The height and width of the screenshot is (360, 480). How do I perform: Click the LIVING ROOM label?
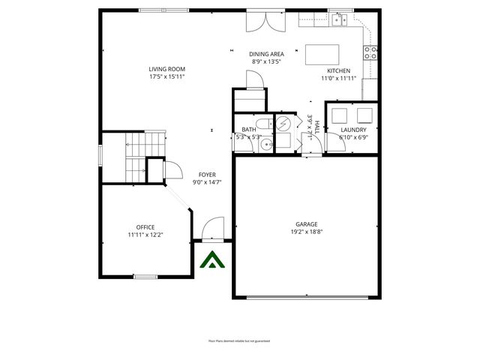[166, 69]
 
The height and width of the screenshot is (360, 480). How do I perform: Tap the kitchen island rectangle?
[322, 55]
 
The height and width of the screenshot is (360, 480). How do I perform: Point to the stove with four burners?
[370, 52]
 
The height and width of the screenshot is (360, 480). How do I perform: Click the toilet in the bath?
[260, 124]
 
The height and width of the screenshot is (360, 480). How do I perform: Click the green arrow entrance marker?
[211, 261]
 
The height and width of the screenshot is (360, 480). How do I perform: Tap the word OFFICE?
[145, 227]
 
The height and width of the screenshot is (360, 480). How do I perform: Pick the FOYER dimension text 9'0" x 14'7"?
[207, 182]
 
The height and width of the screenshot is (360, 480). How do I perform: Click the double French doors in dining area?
[266, 20]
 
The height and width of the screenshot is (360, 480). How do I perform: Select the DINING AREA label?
[266, 54]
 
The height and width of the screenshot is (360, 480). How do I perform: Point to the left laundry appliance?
[340, 115]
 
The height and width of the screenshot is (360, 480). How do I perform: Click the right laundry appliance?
[364, 115]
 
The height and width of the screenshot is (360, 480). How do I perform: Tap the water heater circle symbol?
[284, 124]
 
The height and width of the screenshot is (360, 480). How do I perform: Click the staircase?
[135, 157]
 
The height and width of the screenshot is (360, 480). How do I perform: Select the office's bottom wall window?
[145, 277]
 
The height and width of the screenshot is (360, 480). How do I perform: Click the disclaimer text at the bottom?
[239, 341]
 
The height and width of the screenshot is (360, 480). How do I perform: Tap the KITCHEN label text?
[337, 70]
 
